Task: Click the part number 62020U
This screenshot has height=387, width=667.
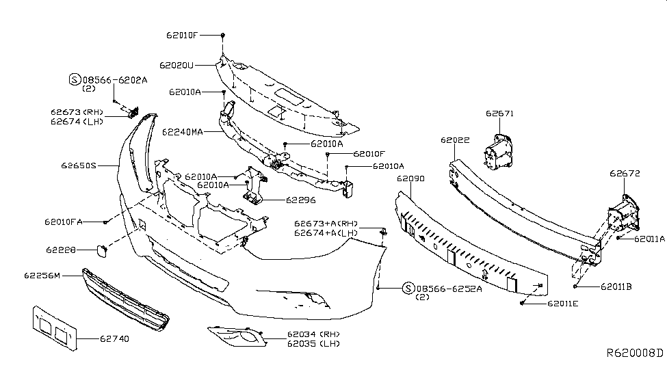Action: pos(177,66)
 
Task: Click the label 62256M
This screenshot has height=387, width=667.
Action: pos(42,276)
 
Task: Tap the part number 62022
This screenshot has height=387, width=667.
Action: pos(455,140)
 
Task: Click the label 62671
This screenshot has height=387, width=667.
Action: pos(499,114)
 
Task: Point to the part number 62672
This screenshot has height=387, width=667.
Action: pos(625,174)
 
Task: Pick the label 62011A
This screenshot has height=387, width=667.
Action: pos(649,239)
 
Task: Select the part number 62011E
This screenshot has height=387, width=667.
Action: pos(563,302)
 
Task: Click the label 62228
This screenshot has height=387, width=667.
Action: pos(61,250)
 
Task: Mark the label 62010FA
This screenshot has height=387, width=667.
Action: pos(64,222)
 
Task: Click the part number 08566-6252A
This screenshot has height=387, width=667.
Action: pos(448,288)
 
